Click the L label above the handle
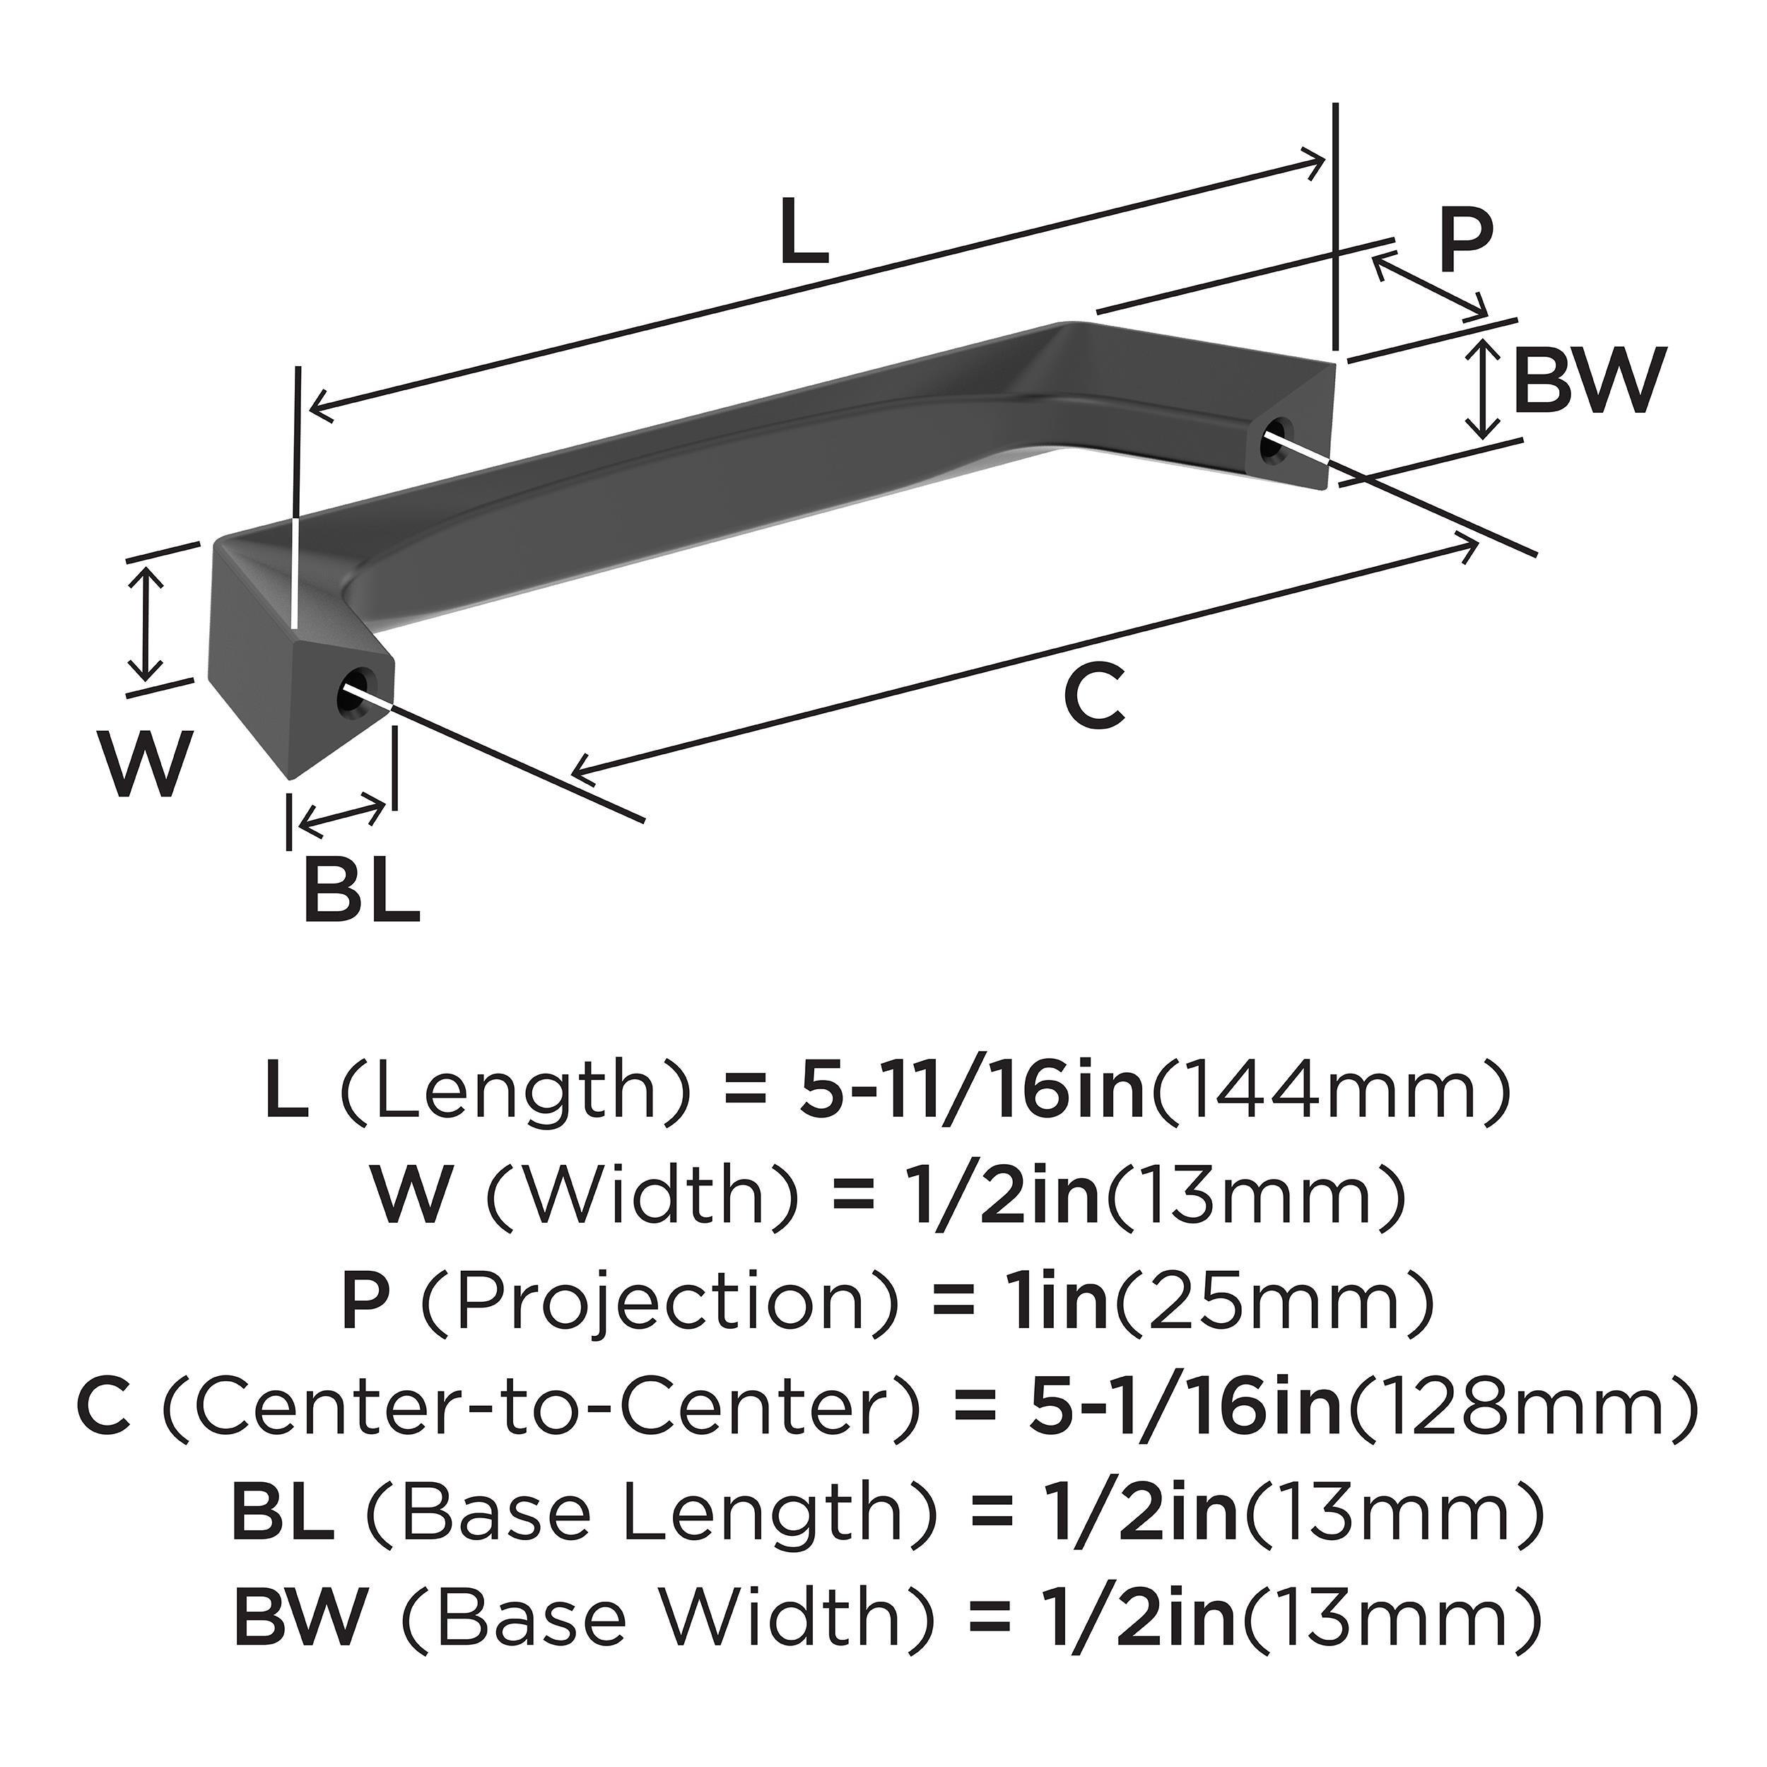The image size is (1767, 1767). (805, 233)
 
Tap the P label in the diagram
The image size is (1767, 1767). (1465, 240)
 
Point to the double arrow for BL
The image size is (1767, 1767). (342, 812)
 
